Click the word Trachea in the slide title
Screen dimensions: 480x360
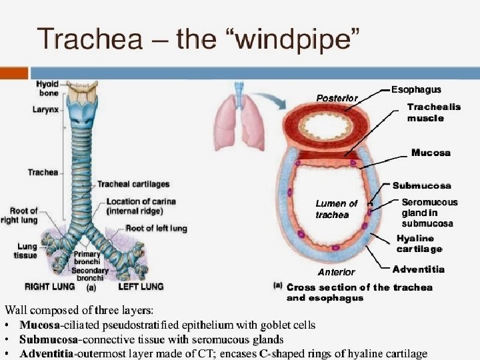coord(89,39)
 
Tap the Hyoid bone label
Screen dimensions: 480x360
coord(47,89)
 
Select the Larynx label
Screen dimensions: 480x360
coord(46,109)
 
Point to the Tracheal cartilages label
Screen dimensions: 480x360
coord(133,184)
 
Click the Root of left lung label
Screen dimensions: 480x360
coord(157,228)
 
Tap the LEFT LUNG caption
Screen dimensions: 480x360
coord(141,287)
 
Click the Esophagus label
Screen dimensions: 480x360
coord(416,89)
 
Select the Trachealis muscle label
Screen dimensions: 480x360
coord(434,112)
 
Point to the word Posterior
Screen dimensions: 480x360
coord(337,98)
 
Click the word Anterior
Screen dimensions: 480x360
coord(336,272)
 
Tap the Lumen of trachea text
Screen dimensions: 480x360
coord(336,209)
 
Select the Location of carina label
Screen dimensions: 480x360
coord(141,206)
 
